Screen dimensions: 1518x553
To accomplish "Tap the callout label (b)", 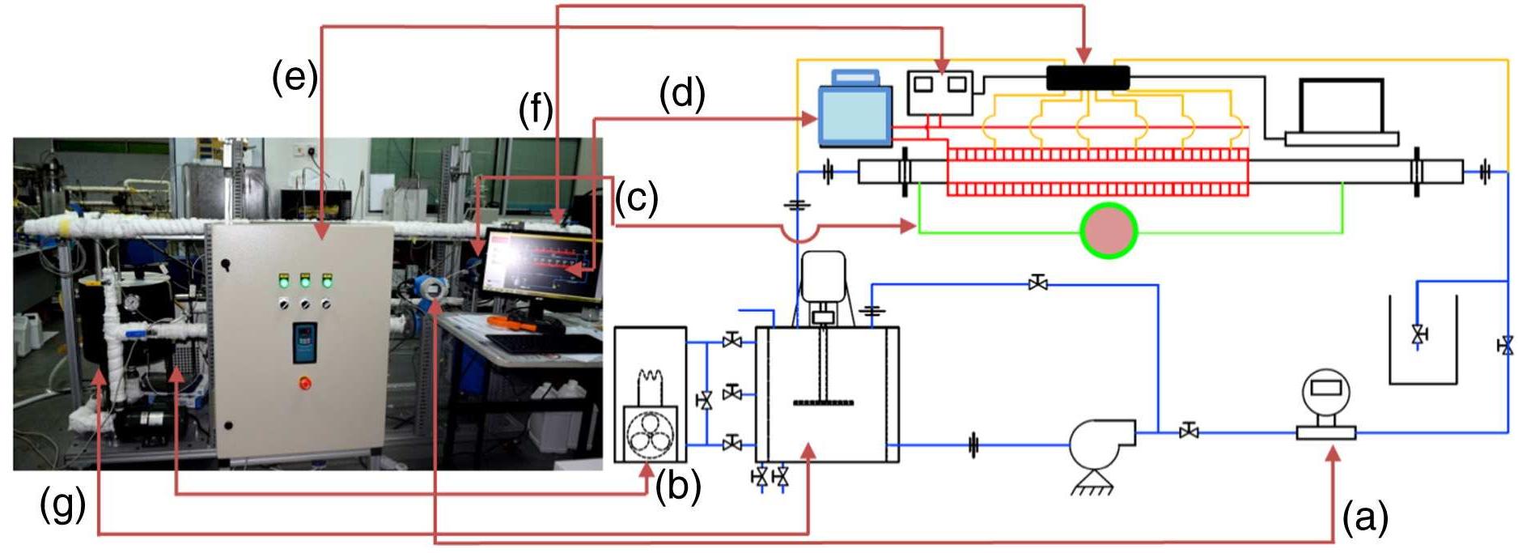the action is tap(678, 487).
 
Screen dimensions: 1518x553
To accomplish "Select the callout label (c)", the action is tap(637, 198).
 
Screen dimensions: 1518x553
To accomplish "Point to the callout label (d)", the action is tap(682, 94).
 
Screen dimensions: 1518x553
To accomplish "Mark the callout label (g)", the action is tap(62, 506).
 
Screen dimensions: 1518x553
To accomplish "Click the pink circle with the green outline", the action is tap(1109, 231).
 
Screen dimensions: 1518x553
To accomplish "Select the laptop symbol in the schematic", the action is tap(1341, 113).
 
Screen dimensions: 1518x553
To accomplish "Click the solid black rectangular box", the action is tap(1088, 78).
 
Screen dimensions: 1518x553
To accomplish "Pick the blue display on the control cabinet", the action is tap(304, 342).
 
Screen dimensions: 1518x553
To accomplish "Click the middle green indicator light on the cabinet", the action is tap(305, 282).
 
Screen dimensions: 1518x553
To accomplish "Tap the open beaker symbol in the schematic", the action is tap(1423, 339).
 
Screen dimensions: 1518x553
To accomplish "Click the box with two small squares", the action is tap(939, 92).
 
